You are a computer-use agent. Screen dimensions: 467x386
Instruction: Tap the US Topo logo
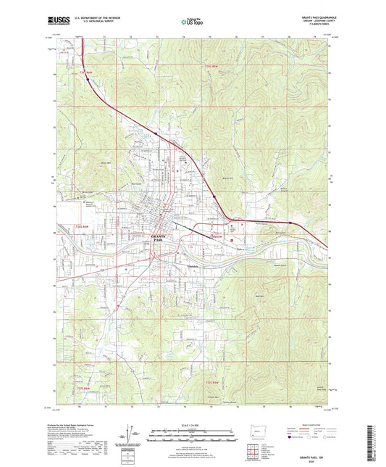pyautogui.click(x=192, y=23)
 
